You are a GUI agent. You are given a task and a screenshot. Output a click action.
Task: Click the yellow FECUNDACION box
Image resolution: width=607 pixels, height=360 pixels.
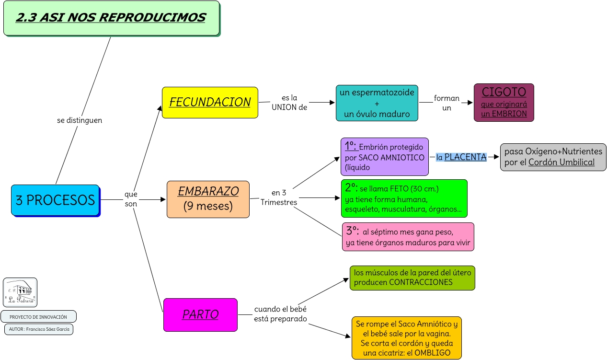[210, 102]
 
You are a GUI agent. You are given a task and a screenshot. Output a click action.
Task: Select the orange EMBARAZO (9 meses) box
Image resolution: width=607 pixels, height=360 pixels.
[208, 199]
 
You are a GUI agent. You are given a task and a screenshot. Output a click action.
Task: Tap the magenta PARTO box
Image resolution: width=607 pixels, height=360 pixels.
[200, 314]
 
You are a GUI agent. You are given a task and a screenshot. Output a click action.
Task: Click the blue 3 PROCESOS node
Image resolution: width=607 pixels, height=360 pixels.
[55, 199]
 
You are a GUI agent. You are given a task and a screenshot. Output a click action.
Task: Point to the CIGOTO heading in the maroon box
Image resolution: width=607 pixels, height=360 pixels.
[504, 92]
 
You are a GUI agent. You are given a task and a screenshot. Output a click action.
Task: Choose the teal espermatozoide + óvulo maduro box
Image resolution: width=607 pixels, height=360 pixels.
[377, 103]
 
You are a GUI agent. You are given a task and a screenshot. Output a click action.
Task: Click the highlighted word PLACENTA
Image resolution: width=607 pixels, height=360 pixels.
[465, 157]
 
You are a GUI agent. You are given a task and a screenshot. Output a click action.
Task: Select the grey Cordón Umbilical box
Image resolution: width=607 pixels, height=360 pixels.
[553, 157]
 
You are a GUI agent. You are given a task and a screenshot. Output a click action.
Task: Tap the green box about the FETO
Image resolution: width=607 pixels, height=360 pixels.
[404, 198]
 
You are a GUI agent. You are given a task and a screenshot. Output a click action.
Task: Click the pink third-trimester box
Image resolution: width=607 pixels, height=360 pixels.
[408, 236]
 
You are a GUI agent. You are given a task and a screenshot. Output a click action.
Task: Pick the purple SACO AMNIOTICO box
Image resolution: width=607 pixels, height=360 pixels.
[385, 157]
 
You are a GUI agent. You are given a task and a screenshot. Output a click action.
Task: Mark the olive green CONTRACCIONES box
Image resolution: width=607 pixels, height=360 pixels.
[412, 278]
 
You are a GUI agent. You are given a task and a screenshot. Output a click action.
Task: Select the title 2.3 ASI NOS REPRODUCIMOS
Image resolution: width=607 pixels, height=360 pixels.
[111, 18]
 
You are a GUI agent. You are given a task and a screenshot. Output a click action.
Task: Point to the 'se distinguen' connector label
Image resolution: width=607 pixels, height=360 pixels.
[80, 120]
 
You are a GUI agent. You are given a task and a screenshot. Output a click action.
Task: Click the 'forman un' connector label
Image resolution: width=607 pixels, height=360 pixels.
[447, 103]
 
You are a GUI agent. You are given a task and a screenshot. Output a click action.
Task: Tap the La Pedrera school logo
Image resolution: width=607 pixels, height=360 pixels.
[20, 292]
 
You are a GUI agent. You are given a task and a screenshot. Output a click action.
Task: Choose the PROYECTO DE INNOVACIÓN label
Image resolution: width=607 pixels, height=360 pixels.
[38, 317]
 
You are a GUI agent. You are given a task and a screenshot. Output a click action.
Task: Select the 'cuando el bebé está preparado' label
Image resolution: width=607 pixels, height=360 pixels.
[280, 314]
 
